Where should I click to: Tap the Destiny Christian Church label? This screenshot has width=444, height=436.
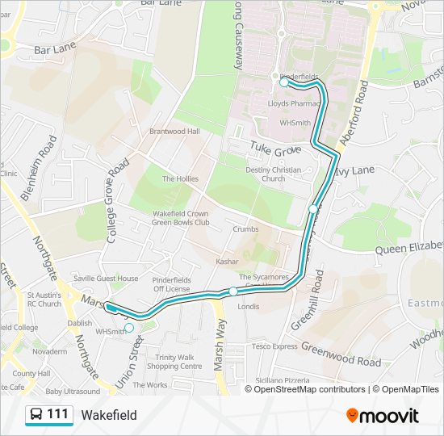pyautogui.click(x=273, y=174)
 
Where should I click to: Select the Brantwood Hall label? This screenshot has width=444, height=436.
pyautogui.click(x=174, y=132)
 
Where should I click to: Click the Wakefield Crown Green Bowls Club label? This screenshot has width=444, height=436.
pyautogui.click(x=181, y=218)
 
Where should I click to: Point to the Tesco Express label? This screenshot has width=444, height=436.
pyautogui.click(x=274, y=346)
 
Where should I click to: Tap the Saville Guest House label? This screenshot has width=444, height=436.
pyautogui.click(x=106, y=279)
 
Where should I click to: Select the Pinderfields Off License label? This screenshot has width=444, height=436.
pyautogui.click(x=172, y=283)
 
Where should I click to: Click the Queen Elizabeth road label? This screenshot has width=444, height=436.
pyautogui.click(x=409, y=248)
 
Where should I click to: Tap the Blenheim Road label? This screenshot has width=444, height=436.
pyautogui.click(x=48, y=166)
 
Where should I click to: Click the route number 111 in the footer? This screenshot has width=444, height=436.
pyautogui.click(x=57, y=415)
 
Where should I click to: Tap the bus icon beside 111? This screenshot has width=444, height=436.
pyautogui.click(x=36, y=415)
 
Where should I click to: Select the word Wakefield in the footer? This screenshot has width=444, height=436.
pyautogui.click(x=109, y=415)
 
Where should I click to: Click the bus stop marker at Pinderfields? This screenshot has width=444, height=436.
pyautogui.click(x=283, y=82)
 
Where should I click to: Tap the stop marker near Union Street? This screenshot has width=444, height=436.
pyautogui.click(x=129, y=328)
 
